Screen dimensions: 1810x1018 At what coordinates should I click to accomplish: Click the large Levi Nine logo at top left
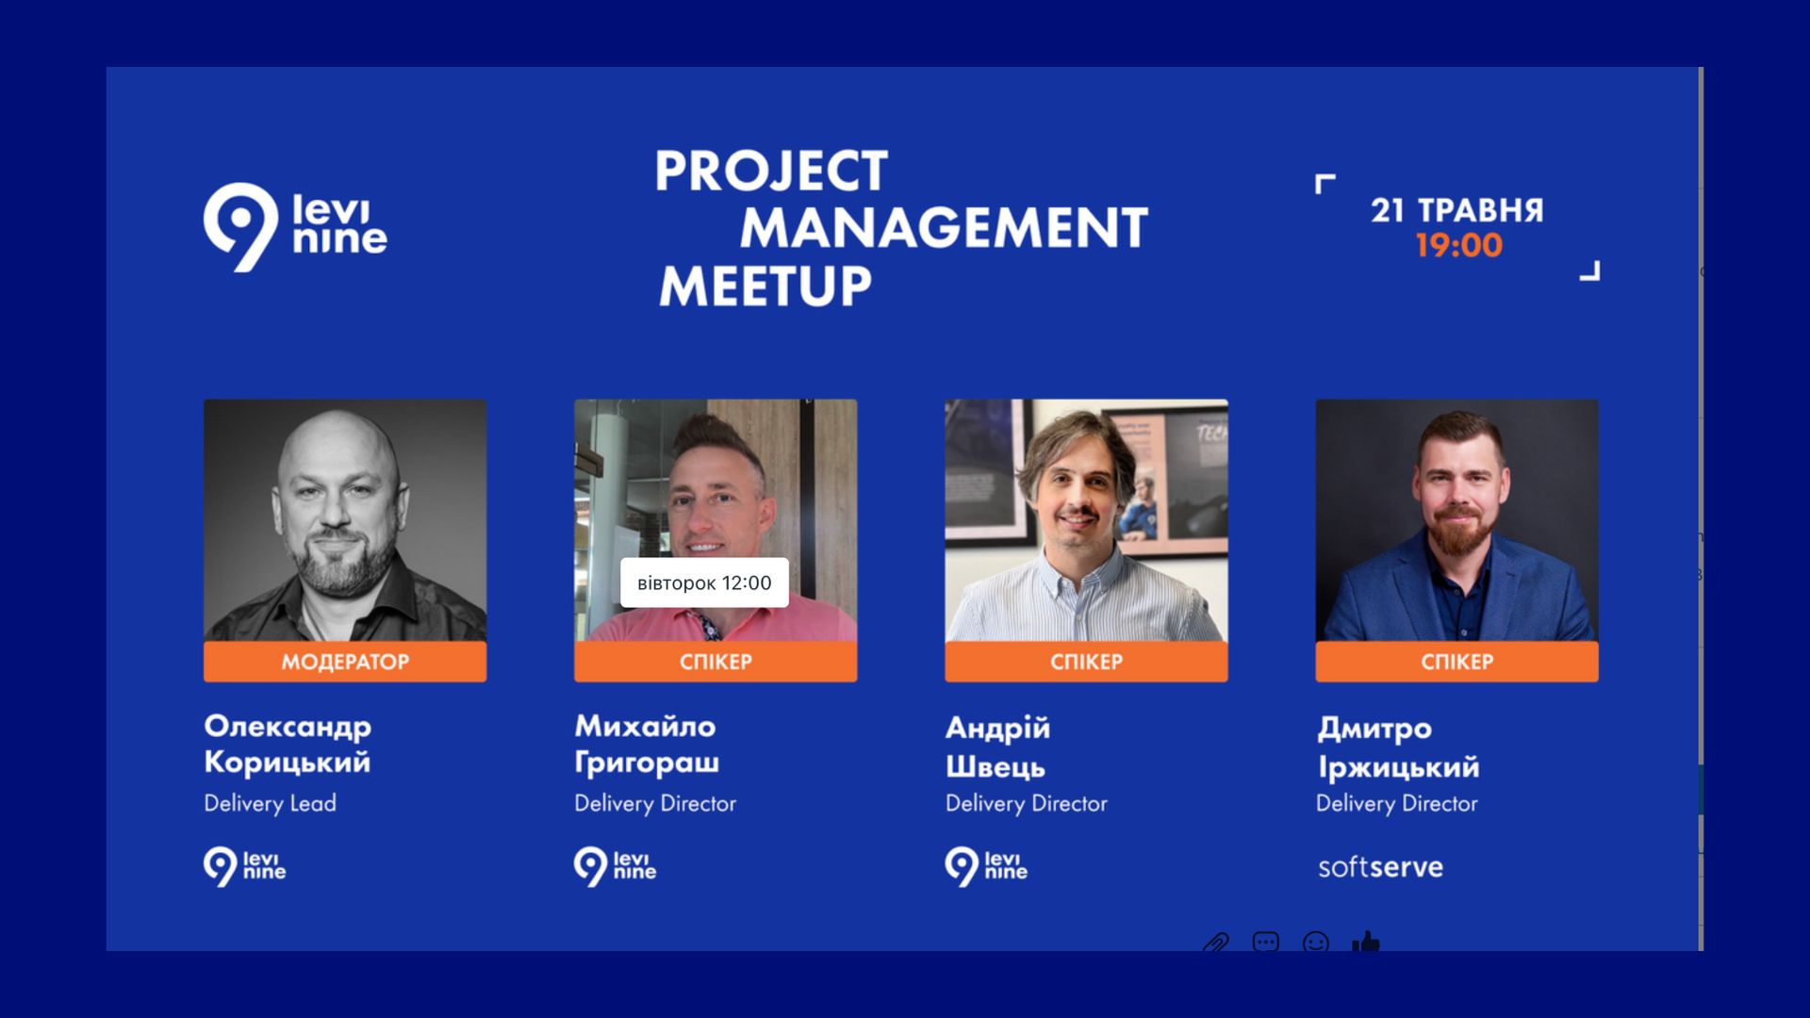click(x=295, y=227)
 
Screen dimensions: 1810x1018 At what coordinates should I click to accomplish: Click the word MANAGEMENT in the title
click(x=944, y=228)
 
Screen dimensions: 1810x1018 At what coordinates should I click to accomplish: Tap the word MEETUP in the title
click(x=765, y=286)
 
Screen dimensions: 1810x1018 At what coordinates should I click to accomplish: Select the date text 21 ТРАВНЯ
click(x=1457, y=210)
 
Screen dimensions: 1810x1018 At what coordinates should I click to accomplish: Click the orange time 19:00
click(x=1458, y=246)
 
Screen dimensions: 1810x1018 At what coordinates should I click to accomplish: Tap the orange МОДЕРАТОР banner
click(x=345, y=662)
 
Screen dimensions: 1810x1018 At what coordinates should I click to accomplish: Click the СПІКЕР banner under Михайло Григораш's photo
click(x=716, y=662)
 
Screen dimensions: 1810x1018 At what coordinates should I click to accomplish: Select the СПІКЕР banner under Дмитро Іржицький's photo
click(x=1457, y=662)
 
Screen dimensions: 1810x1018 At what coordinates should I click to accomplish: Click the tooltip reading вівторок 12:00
click(x=704, y=583)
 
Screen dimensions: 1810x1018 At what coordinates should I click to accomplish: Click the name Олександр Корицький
click(x=288, y=744)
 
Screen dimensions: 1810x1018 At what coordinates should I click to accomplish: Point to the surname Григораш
click(x=647, y=763)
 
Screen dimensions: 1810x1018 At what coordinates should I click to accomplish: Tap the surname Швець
click(x=995, y=767)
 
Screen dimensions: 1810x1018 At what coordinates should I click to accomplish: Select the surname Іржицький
click(x=1399, y=767)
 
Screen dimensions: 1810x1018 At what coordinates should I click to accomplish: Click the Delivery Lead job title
click(x=271, y=804)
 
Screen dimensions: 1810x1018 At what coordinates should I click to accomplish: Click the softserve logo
click(x=1380, y=867)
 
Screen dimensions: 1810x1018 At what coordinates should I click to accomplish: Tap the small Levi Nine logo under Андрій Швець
click(x=986, y=866)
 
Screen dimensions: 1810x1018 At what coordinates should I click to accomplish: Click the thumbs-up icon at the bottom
click(x=1366, y=942)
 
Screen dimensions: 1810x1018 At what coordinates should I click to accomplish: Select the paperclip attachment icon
click(x=1216, y=942)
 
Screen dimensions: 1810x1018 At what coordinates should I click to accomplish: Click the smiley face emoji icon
click(x=1316, y=942)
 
